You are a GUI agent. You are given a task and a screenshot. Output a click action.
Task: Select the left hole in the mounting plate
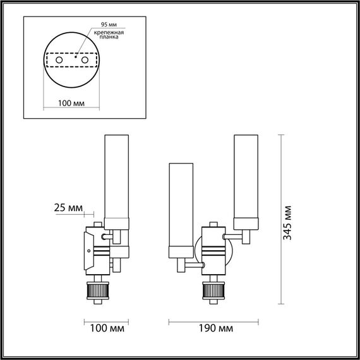point(59,59)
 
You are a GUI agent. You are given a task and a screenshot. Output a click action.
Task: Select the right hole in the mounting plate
point(83,59)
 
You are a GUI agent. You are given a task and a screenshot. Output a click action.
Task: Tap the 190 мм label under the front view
point(214,330)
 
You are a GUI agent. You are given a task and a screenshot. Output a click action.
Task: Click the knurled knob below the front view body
point(212,291)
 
